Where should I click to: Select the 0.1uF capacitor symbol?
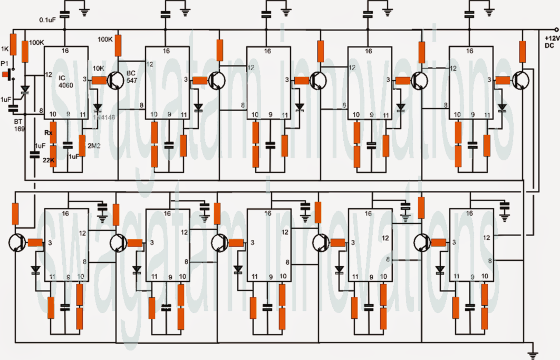[x=65, y=16]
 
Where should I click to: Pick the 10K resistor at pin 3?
[x=99, y=80]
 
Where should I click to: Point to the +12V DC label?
[x=552, y=42]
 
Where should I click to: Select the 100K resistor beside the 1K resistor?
[x=25, y=48]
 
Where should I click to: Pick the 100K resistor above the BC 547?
[x=117, y=43]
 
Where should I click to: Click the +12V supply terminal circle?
[x=557, y=30]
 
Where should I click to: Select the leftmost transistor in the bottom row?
[x=18, y=242]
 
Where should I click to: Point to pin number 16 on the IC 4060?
[x=65, y=51]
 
